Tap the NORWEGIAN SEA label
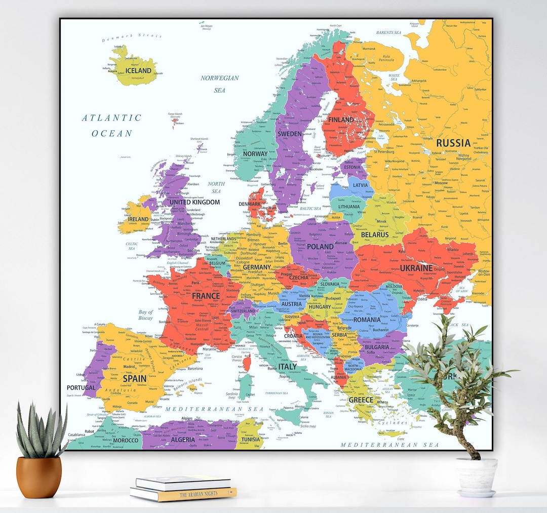click(x=219, y=84)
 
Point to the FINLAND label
click(x=341, y=120)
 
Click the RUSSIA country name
click(x=453, y=143)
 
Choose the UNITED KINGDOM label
click(x=194, y=202)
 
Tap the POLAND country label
click(x=320, y=247)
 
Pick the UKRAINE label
click(x=416, y=268)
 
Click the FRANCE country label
click(x=206, y=296)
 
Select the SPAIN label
click(x=135, y=378)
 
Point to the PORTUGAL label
click(x=81, y=387)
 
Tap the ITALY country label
click(x=287, y=366)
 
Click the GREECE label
click(x=361, y=400)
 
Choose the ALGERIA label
click(x=183, y=440)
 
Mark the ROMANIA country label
click(x=367, y=320)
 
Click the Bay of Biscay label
click(x=145, y=315)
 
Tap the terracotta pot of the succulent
click(x=39, y=477)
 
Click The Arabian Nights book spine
click(x=183, y=493)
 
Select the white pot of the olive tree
click(x=476, y=476)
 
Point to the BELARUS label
click(x=375, y=235)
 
